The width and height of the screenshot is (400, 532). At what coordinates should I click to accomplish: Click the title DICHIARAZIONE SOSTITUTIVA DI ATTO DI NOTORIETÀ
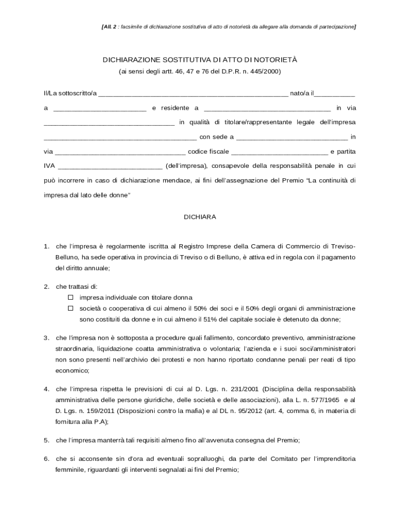[x=199, y=60]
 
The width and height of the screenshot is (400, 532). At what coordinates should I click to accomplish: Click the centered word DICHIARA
[x=200, y=217]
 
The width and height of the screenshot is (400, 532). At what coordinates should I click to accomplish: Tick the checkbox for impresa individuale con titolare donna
[x=71, y=298]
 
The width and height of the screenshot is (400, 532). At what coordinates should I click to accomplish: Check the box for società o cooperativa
[x=71, y=308]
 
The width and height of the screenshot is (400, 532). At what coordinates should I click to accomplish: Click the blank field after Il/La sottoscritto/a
[x=193, y=94]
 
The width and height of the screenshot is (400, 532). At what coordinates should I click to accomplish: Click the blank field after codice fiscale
[x=279, y=152]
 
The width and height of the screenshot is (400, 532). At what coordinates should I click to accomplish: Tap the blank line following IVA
[x=110, y=167]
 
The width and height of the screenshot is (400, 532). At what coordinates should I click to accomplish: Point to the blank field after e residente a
[x=267, y=109]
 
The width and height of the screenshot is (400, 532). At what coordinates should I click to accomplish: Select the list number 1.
[x=46, y=246]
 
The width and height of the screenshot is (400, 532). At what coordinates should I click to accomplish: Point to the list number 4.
[x=46, y=389]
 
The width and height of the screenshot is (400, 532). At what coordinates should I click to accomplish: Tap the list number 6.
[x=46, y=459]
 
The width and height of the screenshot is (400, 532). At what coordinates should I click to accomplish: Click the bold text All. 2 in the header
[x=109, y=26]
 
